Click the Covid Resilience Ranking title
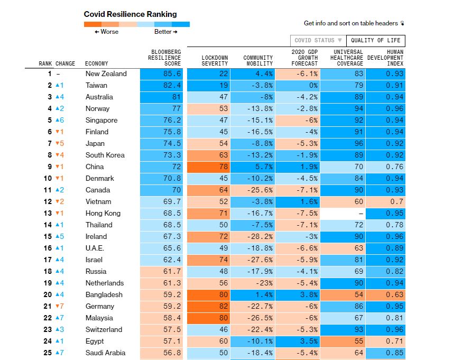pyautogui.click(x=130, y=14)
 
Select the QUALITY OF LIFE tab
pyautogui.click(x=376, y=41)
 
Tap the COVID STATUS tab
pyautogui.click(x=318, y=41)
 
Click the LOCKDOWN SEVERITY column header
pyautogui.click(x=215, y=61)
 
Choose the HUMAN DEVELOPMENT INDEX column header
pyautogui.click(x=385, y=58)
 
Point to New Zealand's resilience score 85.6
pyautogui.click(x=172, y=74)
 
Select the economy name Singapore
pyautogui.click(x=101, y=120)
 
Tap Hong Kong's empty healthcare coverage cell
pyautogui.click(x=342, y=213)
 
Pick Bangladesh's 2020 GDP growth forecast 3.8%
pyautogui.click(x=309, y=295)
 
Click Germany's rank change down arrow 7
pyautogui.click(x=60, y=306)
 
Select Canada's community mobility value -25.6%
pyautogui.click(x=260, y=190)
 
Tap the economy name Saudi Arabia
pyautogui.click(x=105, y=353)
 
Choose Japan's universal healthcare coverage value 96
pyautogui.click(x=359, y=144)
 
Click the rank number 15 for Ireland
pyautogui.click(x=48, y=236)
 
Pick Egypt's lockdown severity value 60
pyautogui.click(x=223, y=341)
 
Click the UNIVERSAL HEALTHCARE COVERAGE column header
pyautogui.click(x=346, y=58)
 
